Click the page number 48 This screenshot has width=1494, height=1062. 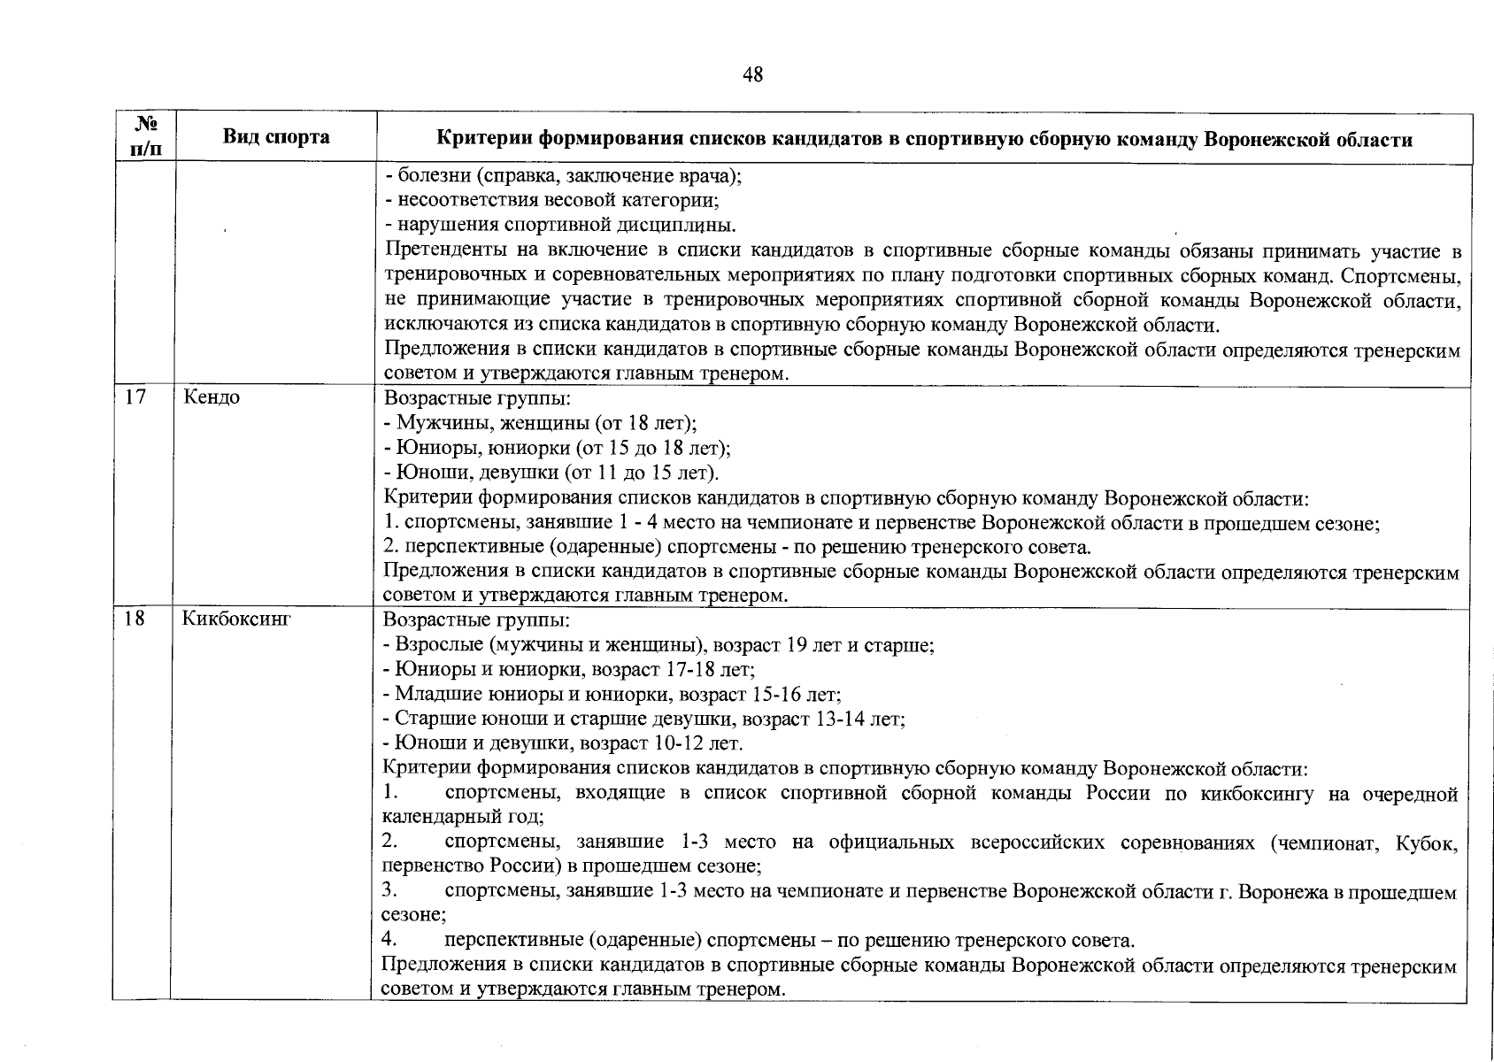pos(752,75)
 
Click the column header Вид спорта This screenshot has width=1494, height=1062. pos(275,137)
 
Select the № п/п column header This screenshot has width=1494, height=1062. pos(143,137)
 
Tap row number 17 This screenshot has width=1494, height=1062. pos(135,397)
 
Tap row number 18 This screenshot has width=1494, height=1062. pos(135,619)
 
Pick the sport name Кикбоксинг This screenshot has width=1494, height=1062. pos(237,619)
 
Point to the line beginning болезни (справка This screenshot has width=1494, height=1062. pos(563,175)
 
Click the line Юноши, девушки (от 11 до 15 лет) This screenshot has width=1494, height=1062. pos(551,473)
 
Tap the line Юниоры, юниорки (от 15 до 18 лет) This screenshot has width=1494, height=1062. pos(557,448)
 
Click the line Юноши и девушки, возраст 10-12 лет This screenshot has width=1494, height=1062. pos(563,743)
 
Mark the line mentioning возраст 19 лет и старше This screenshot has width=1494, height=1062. pos(658,645)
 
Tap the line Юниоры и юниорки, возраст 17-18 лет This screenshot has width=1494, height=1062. pos(568,670)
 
